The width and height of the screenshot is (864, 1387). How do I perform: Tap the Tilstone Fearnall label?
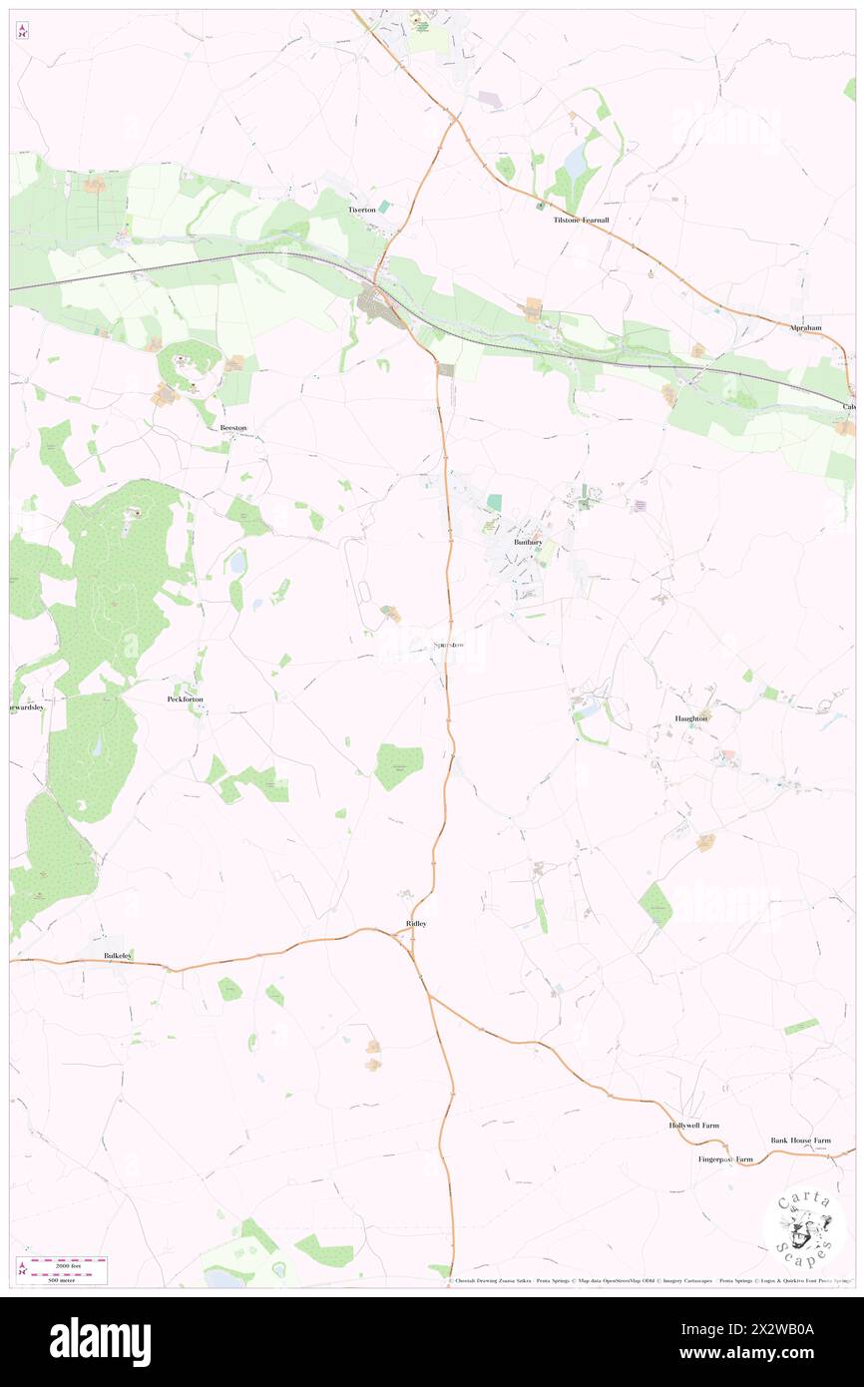(582, 221)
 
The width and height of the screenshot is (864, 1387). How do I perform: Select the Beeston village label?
(233, 427)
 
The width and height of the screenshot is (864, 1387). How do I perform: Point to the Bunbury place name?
(528, 542)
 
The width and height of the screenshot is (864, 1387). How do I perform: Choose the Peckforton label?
(185, 699)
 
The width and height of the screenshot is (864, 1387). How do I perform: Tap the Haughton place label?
(690, 718)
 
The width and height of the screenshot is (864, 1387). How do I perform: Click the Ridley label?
(416, 924)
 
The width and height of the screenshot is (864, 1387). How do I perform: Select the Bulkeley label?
(118, 956)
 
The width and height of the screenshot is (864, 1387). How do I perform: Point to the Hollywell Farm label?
(693, 1126)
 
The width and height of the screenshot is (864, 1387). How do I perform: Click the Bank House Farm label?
(800, 1140)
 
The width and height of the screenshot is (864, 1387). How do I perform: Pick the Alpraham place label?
(804, 327)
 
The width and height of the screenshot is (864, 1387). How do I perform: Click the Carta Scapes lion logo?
(805, 1229)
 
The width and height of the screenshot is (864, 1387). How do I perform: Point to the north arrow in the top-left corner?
(23, 30)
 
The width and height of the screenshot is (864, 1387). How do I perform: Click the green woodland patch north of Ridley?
(399, 765)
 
